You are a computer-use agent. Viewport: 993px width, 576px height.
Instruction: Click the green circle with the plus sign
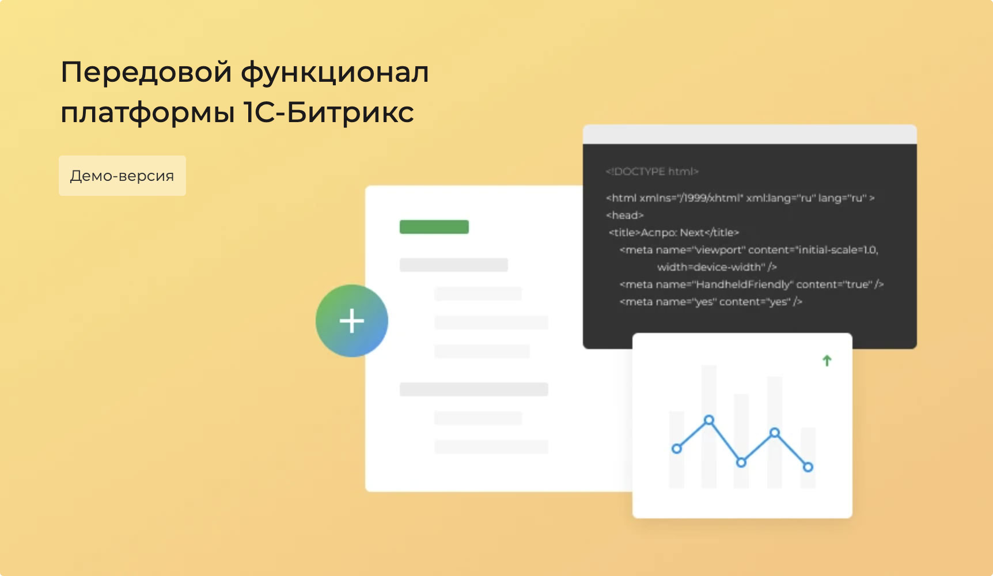coord(352,321)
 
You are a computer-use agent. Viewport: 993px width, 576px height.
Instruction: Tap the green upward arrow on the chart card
coord(827,361)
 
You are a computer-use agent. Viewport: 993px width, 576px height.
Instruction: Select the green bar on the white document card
coord(434,227)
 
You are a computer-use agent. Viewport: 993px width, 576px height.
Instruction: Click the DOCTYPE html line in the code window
coord(652,172)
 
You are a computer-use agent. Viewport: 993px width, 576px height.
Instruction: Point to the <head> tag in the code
coord(625,215)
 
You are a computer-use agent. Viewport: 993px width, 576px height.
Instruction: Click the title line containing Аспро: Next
coord(674,233)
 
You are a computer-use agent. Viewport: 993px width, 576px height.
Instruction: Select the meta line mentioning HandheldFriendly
coord(752,285)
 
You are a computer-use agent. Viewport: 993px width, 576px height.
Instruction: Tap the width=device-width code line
coord(717,267)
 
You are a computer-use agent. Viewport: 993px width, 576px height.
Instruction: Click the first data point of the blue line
coord(677,449)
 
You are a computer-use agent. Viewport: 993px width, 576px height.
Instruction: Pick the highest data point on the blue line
coord(709,420)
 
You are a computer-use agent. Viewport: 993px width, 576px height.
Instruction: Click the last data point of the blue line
coord(808,467)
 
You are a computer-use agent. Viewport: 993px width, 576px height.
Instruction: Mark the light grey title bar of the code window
coord(750,134)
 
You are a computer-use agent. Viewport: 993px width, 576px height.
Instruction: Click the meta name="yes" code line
coord(711,302)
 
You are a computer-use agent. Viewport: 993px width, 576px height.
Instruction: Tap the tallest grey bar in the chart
coord(709,426)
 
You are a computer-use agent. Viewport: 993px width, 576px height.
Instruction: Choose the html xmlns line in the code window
coord(740,198)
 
